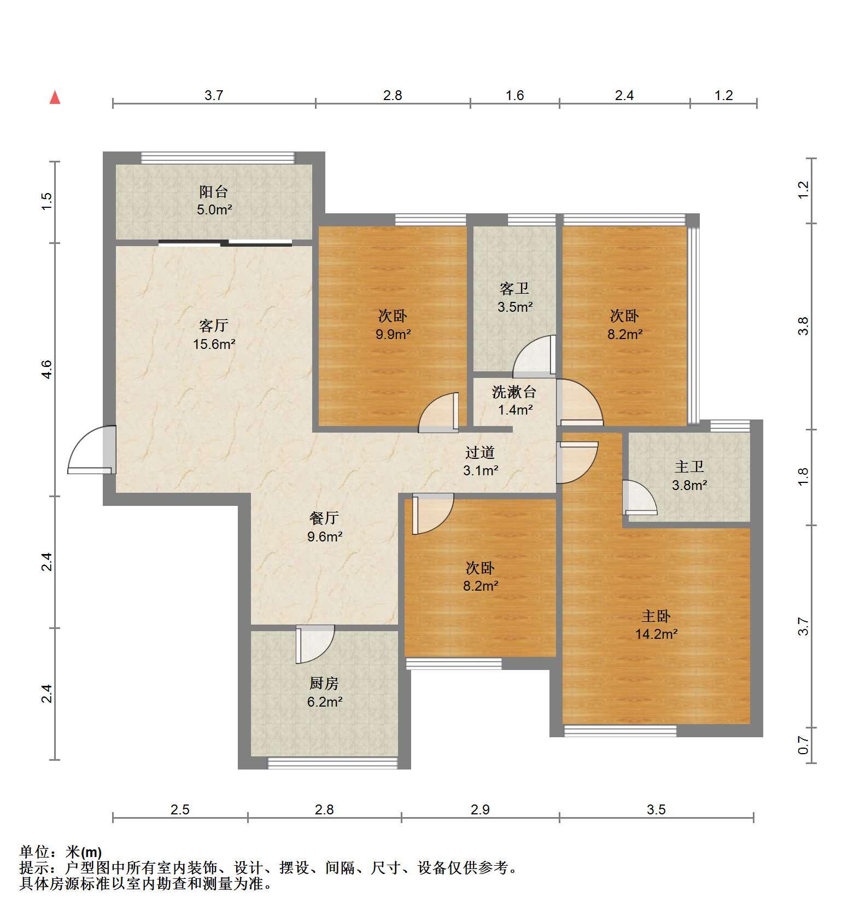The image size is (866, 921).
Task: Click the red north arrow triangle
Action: (55, 98)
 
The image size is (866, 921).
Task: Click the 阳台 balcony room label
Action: (213, 192)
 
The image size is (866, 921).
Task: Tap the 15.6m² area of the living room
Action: (214, 344)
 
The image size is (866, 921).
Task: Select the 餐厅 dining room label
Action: (324, 517)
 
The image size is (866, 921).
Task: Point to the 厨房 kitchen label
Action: (324, 683)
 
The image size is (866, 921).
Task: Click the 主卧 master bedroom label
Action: (656, 616)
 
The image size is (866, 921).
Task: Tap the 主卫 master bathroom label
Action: (689, 467)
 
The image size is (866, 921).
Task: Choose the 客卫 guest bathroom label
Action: (514, 288)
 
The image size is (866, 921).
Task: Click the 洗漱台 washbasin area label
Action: (514, 392)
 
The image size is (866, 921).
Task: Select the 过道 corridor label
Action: (480, 452)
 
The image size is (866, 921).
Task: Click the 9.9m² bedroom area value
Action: (393, 334)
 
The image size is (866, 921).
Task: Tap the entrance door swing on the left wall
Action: (91, 450)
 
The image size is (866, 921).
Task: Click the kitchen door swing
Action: (315, 644)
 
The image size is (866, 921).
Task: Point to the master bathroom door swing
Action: (640, 497)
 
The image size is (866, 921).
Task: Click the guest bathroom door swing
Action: (534, 356)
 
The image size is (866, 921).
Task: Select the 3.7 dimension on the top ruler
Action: (214, 95)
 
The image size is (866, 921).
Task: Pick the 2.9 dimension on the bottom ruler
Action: (480, 809)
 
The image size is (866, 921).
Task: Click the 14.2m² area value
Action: (657, 634)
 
